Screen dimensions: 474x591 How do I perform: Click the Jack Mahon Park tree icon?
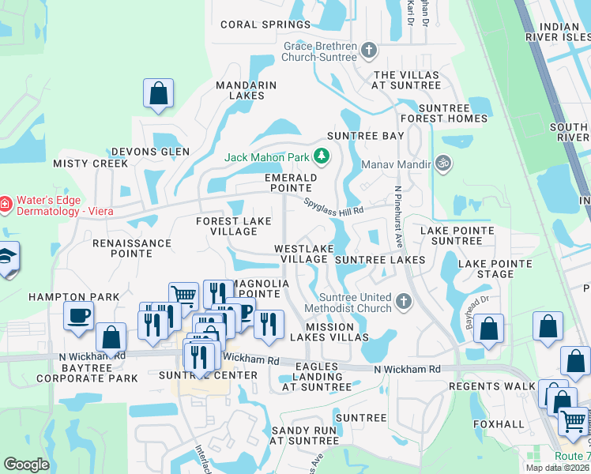tap(321, 156)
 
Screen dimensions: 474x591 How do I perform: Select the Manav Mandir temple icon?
tap(443, 164)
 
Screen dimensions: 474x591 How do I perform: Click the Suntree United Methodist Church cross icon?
tap(403, 301)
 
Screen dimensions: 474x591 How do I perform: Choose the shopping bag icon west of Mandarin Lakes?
tap(158, 92)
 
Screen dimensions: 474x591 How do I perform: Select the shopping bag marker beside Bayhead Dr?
tap(489, 328)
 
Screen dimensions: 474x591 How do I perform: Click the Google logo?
tap(26, 465)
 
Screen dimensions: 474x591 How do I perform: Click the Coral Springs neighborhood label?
tap(265, 24)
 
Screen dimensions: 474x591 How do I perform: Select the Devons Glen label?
tap(150, 151)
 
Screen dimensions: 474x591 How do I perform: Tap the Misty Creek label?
tap(90, 164)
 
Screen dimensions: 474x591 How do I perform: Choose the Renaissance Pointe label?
tap(132, 248)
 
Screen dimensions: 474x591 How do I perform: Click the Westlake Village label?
tap(301, 254)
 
